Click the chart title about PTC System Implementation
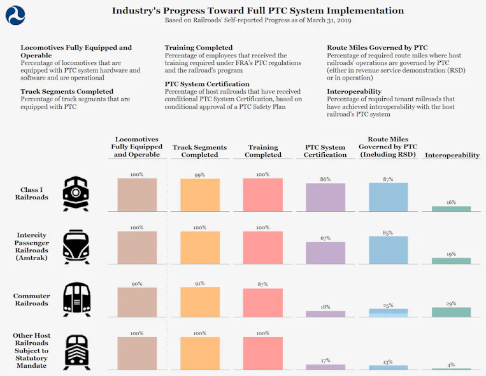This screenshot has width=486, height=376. point(258,10)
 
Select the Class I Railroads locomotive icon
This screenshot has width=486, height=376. point(76,193)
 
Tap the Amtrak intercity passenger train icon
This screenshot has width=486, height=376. point(76,247)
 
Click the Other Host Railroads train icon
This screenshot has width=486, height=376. point(76,352)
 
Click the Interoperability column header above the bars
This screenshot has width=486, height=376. point(452,155)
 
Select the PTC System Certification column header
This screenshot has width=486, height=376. point(325,151)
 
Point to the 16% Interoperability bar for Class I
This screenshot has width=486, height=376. point(451,208)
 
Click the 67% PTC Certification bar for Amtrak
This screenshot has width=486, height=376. point(325,252)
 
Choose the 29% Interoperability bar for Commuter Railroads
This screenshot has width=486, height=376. point(451,312)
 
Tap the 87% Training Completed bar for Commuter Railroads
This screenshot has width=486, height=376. point(263,303)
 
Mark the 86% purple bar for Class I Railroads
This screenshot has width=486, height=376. point(325,197)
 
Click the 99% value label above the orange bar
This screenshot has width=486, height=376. point(200,174)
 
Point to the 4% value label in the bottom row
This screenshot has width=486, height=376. point(451,365)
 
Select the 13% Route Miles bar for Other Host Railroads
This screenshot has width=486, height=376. point(388,367)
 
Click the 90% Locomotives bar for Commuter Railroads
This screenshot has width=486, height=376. point(137,302)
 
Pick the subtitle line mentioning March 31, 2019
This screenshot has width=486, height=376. point(258,20)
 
